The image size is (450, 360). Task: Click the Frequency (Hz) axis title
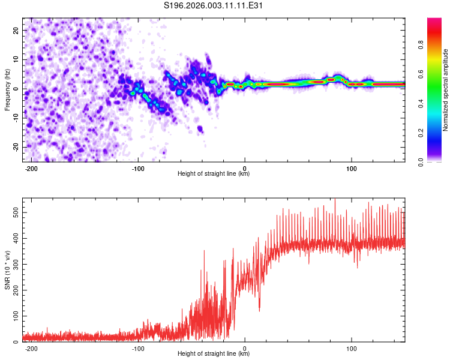(7, 89)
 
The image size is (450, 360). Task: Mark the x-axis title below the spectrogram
(214, 174)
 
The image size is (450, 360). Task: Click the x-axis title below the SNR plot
(214, 354)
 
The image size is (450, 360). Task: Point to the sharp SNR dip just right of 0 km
(259, 310)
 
